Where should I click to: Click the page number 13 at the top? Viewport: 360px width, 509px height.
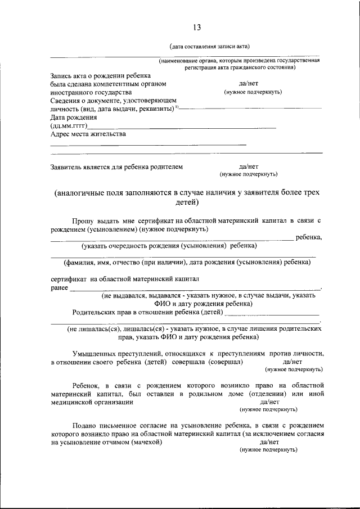tap(197, 28)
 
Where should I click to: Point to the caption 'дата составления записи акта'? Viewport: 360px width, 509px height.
tap(210, 46)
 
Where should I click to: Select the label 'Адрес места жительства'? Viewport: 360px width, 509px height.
tap(88, 134)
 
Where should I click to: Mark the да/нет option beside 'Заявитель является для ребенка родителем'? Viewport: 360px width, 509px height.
tap(248, 166)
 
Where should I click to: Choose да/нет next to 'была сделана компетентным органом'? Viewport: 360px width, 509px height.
tap(248, 83)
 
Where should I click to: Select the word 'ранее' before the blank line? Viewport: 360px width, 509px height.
tap(59, 287)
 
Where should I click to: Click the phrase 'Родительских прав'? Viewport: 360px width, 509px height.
tap(102, 312)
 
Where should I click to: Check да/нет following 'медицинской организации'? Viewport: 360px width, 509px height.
tap(269, 402)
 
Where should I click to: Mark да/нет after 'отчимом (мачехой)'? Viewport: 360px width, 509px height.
tap(269, 443)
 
